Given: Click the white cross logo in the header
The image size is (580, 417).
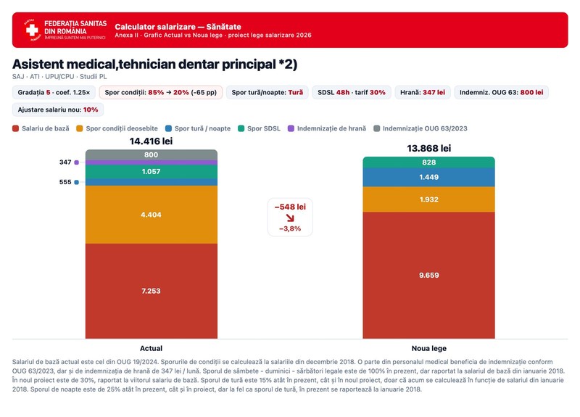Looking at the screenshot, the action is pyautogui.click(x=32, y=30).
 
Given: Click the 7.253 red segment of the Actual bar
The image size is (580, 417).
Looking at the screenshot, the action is pyautogui.click(x=152, y=291).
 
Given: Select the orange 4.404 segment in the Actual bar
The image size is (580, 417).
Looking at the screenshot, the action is pyautogui.click(x=152, y=215).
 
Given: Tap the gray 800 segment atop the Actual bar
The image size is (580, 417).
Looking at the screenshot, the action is pyautogui.click(x=152, y=154).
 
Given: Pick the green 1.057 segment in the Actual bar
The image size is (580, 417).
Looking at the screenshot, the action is pyautogui.click(x=152, y=172).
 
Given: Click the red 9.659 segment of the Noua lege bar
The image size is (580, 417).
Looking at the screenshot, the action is pyautogui.click(x=428, y=276).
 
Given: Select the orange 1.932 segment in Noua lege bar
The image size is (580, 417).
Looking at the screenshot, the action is pyautogui.click(x=428, y=199).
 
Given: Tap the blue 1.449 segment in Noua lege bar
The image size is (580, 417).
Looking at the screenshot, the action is pyautogui.click(x=428, y=177).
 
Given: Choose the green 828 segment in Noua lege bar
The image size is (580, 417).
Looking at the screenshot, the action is pyautogui.click(x=428, y=162).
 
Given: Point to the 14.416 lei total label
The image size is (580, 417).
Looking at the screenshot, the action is pyautogui.click(x=151, y=141).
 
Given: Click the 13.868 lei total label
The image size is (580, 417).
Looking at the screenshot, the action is pyautogui.click(x=429, y=149).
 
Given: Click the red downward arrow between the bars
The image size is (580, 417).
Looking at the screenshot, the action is pyautogui.click(x=291, y=218).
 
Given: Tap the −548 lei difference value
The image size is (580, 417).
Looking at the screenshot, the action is pyautogui.click(x=290, y=207).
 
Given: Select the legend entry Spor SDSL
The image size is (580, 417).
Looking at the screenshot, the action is pyautogui.click(x=259, y=128).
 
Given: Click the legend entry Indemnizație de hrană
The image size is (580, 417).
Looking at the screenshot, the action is pyautogui.click(x=327, y=128).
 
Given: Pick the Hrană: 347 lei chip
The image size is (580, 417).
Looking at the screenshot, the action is pyautogui.click(x=423, y=93).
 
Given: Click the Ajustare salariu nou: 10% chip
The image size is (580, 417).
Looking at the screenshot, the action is pyautogui.click(x=58, y=110).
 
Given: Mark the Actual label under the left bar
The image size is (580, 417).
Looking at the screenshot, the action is pyautogui.click(x=151, y=348).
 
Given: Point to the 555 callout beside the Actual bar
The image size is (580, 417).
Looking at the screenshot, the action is pyautogui.click(x=65, y=182).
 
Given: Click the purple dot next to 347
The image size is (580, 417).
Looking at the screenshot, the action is pyautogui.click(x=77, y=162).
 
